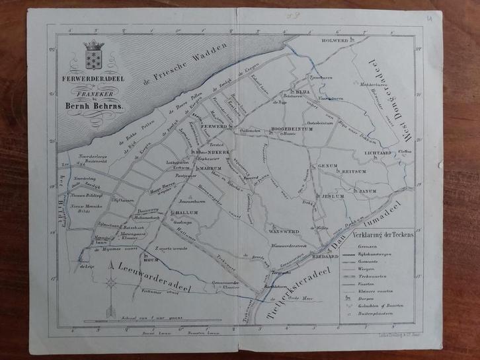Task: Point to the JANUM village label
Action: coord(368,191)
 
